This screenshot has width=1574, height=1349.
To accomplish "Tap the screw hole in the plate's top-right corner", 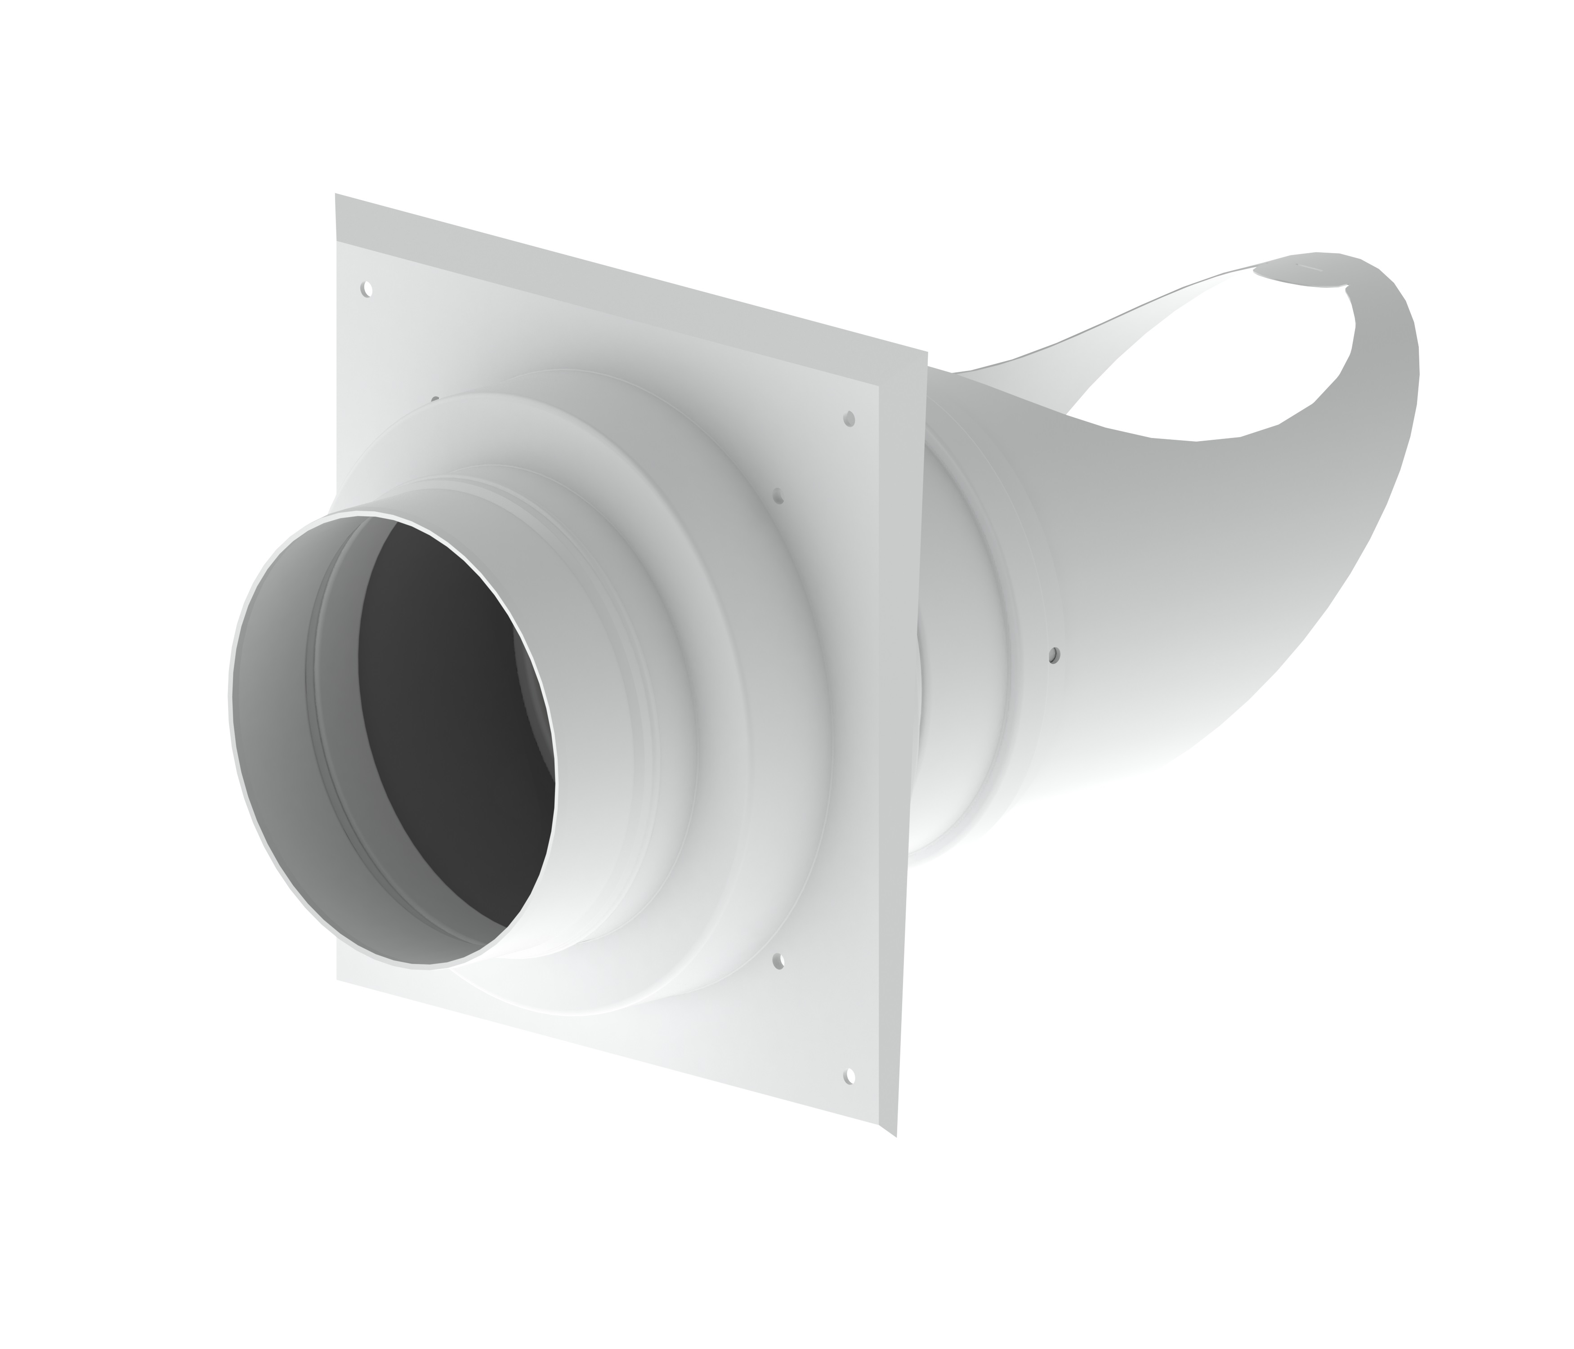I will (850, 419).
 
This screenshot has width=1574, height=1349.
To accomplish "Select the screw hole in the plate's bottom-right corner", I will (850, 1076).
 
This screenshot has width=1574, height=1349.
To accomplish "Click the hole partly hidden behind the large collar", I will (435, 398).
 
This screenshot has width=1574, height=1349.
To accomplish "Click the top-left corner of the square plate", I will (336, 194).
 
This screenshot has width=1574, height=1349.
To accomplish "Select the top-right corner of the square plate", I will (927, 353).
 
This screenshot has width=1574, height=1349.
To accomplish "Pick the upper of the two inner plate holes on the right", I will (777, 495).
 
